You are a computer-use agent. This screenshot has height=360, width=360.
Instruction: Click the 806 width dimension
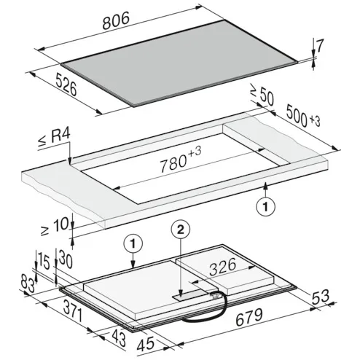[x=116, y=21]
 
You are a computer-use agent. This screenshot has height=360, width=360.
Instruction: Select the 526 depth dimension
[x=66, y=85]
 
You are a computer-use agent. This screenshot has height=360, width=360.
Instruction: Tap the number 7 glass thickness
[x=320, y=45]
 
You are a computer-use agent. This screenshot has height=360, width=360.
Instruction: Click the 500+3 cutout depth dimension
[x=303, y=116]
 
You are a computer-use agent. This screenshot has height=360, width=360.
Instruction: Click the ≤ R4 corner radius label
[x=55, y=138]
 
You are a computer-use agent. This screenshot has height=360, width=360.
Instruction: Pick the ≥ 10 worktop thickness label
[x=55, y=227]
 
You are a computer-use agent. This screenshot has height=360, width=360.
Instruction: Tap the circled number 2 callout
[x=181, y=230]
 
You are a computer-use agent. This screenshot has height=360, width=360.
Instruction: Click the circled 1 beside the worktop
[x=266, y=207]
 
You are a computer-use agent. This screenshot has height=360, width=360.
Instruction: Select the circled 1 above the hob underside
[x=133, y=244]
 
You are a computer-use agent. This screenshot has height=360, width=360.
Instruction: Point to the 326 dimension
[x=222, y=267]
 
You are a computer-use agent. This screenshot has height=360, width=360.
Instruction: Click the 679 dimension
[x=249, y=318]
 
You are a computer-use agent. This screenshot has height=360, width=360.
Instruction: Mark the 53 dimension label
[x=320, y=297]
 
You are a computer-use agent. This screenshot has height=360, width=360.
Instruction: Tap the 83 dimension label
[x=28, y=283]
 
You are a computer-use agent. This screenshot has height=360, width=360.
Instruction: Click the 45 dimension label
[x=146, y=344]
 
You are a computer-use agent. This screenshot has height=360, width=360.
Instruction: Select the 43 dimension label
[x=119, y=338]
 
